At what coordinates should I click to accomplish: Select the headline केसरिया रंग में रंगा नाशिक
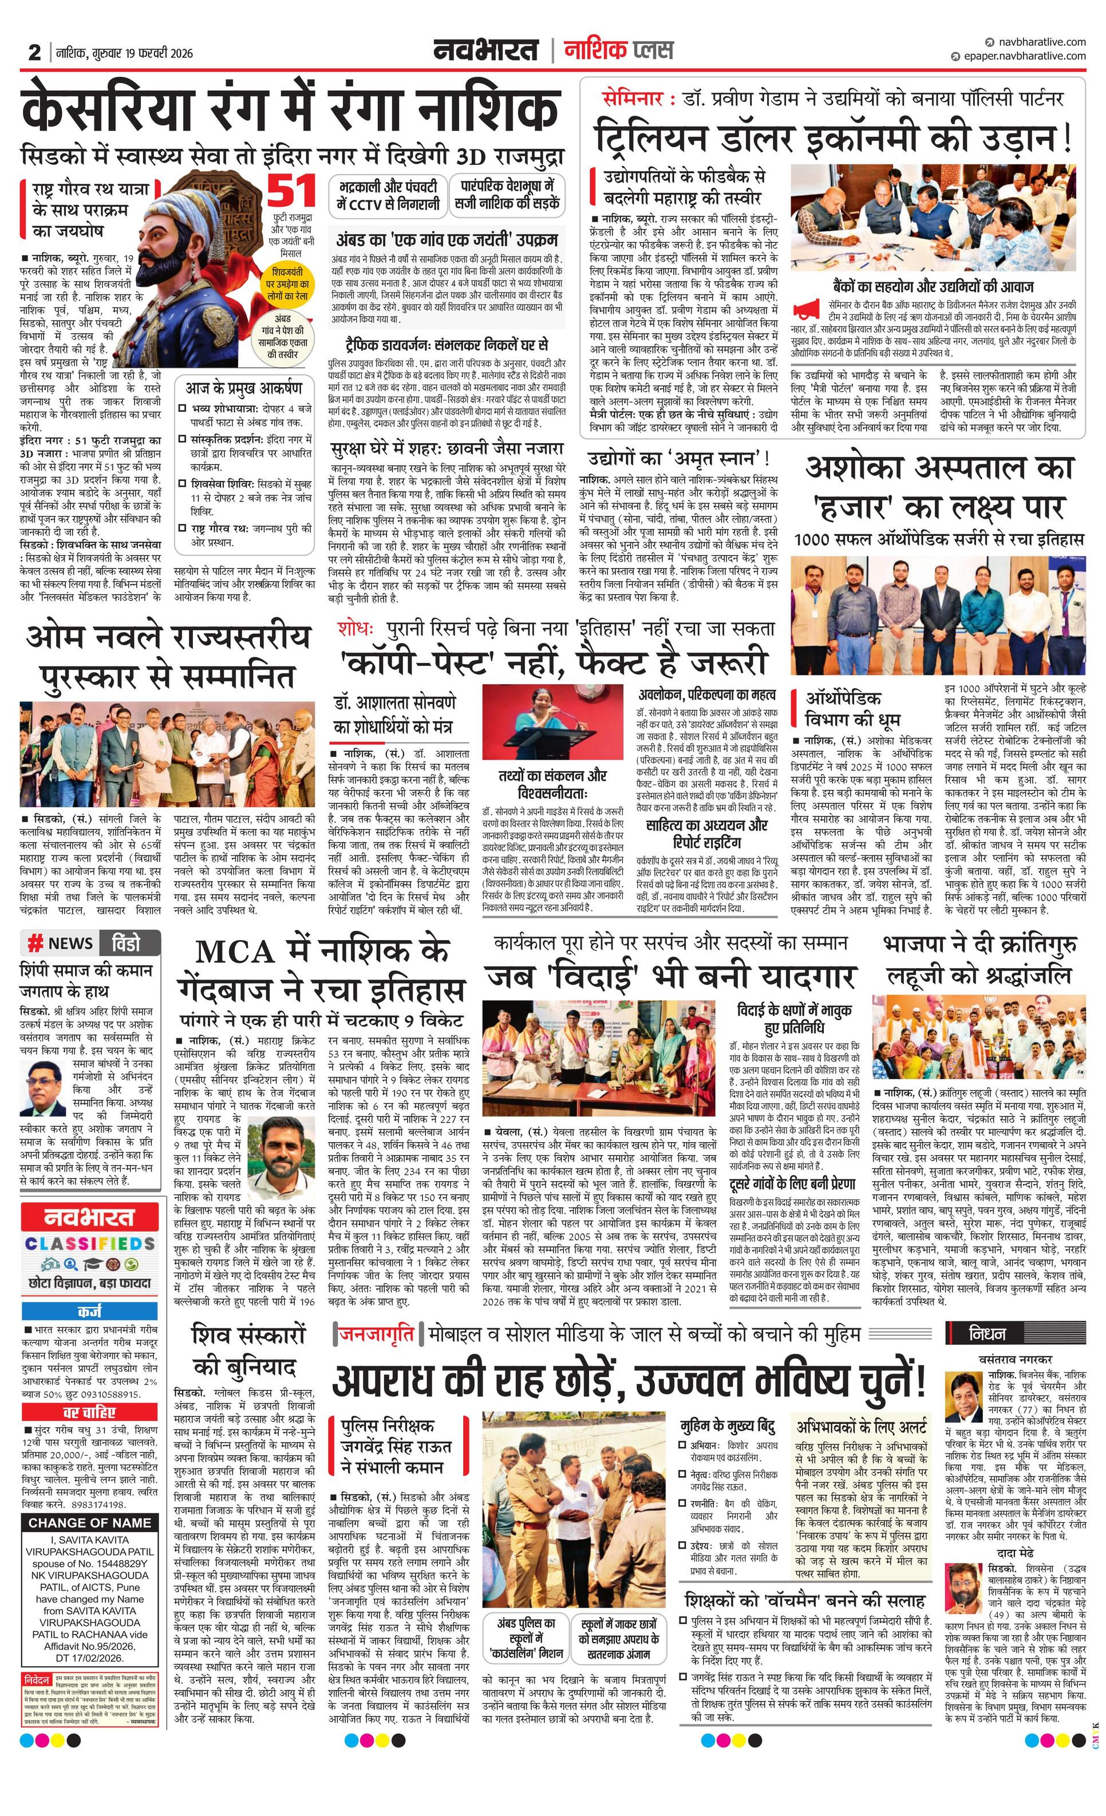click(290, 109)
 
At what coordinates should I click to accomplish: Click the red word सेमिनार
click(632, 98)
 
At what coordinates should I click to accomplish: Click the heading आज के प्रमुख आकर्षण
click(243, 388)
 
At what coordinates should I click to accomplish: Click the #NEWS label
click(61, 943)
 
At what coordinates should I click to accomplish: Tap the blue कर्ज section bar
click(90, 1311)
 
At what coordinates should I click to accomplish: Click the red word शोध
click(356, 629)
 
